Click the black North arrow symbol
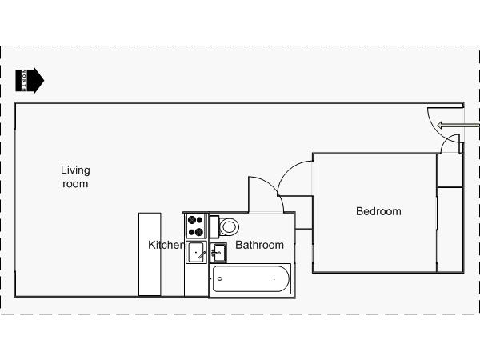click(30, 81)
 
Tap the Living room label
click(75, 177)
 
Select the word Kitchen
click(166, 245)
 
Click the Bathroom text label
click(259, 245)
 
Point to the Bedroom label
click(378, 211)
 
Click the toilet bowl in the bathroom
click(229, 227)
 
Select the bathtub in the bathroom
click(250, 279)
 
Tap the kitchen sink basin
click(196, 252)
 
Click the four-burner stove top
click(196, 226)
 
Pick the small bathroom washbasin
click(218, 253)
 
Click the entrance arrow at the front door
click(458, 126)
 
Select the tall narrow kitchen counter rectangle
click(150, 254)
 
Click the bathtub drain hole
click(220, 278)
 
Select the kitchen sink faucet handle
click(202, 254)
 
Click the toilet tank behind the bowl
click(214, 227)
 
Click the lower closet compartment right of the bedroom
click(450, 230)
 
